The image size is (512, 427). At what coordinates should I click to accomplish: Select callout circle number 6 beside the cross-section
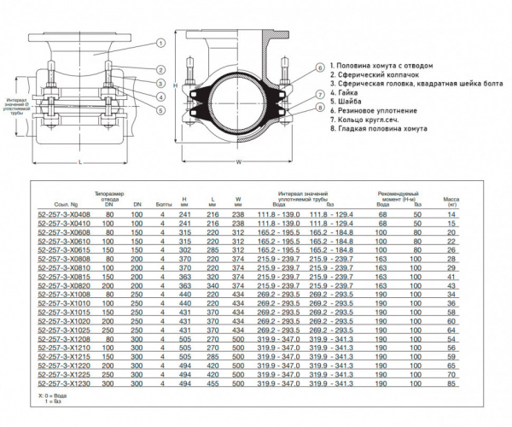point(318,67)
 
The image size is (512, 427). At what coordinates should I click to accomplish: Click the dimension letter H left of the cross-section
point(174,86)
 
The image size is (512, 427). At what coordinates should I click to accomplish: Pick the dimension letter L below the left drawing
point(79,160)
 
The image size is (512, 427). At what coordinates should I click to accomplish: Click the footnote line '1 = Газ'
point(48,401)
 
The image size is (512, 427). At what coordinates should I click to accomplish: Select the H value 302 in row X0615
point(184,249)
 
